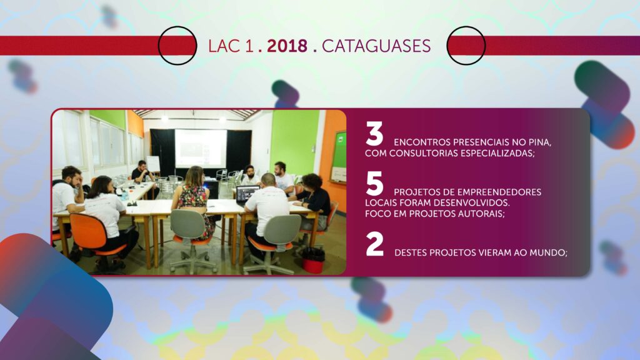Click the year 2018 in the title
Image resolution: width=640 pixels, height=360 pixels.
[287, 46]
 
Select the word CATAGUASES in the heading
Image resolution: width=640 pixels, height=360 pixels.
[376, 46]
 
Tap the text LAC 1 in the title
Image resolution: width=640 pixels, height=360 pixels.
[231, 46]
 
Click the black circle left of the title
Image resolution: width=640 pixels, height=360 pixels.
[177, 45]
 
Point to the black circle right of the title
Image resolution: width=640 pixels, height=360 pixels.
[466, 45]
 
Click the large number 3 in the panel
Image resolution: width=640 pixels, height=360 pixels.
[374, 134]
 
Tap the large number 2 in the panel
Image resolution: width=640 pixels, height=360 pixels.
[375, 244]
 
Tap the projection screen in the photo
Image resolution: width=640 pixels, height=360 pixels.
[201, 148]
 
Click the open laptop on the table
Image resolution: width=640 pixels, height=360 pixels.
[247, 194]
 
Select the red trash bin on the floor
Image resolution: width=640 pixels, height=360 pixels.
[313, 261]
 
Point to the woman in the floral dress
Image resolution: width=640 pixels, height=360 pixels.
[194, 200]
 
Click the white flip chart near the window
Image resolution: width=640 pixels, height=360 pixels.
[153, 164]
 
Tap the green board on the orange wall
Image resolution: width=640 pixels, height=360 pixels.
[339, 156]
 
